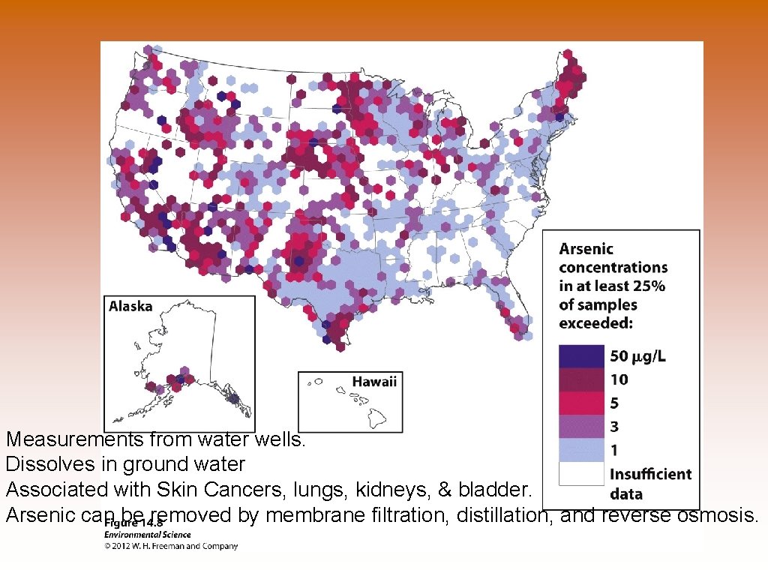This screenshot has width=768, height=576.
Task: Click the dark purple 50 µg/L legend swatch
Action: click(x=581, y=355)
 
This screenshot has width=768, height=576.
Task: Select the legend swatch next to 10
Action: click(x=581, y=379)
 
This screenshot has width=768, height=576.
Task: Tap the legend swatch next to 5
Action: click(x=581, y=403)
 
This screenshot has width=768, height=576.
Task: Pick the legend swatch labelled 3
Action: click(x=581, y=427)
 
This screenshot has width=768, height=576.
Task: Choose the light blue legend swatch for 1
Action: click(x=581, y=450)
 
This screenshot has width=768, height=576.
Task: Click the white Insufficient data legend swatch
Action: click(x=581, y=474)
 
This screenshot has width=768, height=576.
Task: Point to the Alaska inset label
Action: click(x=130, y=306)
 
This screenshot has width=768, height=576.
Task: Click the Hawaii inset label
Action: click(x=374, y=382)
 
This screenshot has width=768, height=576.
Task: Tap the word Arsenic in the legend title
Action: click(x=586, y=249)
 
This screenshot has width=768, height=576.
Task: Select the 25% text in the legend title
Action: click(x=649, y=286)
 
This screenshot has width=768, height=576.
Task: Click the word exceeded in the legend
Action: click(x=595, y=323)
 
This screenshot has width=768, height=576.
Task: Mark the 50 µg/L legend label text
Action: click(x=637, y=355)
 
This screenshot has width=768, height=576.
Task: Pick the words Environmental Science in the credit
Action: click(x=147, y=535)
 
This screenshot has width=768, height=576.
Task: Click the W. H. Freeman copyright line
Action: click(x=171, y=546)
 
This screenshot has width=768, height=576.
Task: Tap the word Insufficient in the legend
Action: click(x=650, y=474)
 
